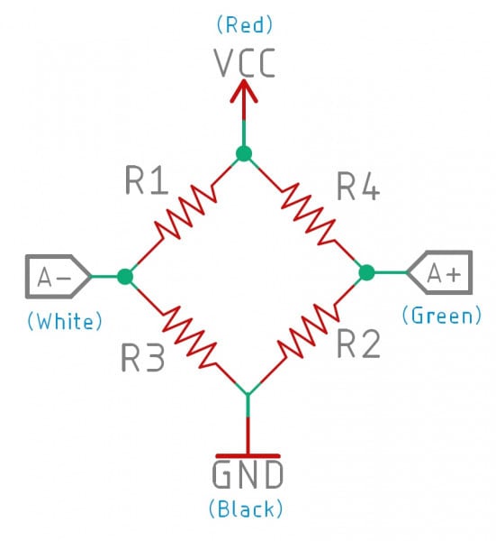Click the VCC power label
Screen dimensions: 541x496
pos(246,62)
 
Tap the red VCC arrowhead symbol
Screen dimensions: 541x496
pos(244,90)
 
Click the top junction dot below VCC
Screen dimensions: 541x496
pos(243,153)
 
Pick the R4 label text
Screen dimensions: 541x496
pos(358,186)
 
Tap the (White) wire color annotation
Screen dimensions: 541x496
pos(65,320)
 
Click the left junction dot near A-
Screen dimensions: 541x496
pos(125,277)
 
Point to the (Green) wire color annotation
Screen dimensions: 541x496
pos(441,316)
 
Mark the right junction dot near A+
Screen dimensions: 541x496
pos(365,271)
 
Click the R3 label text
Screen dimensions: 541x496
pos(144,359)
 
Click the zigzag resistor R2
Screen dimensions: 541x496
pos(308,332)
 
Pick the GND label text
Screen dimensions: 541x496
pos(248,474)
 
